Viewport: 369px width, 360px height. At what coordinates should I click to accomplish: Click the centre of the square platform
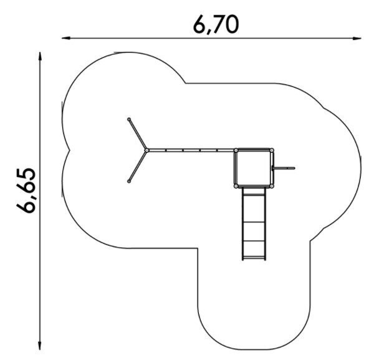(254, 168)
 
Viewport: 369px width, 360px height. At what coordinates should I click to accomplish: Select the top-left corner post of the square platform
(236, 150)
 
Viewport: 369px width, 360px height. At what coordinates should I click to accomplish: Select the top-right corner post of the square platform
(272, 150)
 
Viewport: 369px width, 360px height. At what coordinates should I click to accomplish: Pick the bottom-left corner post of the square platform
(236, 186)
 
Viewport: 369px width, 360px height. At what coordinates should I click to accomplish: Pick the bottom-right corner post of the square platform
(272, 186)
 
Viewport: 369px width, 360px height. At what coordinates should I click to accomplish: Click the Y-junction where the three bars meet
(146, 150)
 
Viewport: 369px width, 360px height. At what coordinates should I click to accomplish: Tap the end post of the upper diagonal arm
(129, 119)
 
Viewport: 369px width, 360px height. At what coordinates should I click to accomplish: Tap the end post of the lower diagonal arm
(129, 182)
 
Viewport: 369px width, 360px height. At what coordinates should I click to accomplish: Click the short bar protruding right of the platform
(285, 168)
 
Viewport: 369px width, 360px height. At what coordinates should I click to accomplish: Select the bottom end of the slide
(254, 258)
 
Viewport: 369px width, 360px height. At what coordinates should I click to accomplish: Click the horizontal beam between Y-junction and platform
(191, 150)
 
